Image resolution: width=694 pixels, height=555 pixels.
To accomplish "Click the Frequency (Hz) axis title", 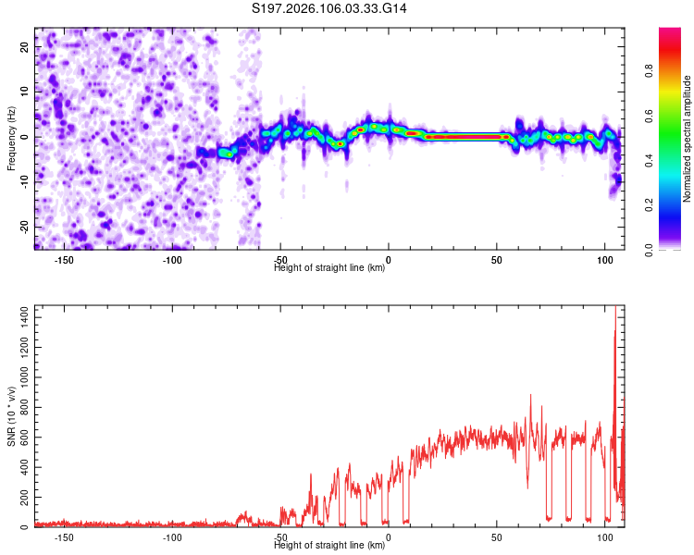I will point(11,138).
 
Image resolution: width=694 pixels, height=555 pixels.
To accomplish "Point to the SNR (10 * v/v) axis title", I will point(11,415).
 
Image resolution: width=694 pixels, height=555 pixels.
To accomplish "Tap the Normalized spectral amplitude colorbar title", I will point(688,139).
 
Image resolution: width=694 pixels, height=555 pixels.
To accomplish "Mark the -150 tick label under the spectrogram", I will point(64,260).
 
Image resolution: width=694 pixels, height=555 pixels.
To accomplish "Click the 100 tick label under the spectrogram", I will point(605,260).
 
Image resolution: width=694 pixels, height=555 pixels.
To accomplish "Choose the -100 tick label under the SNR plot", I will point(172,536).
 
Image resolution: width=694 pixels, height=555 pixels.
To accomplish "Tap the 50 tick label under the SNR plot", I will point(497,536).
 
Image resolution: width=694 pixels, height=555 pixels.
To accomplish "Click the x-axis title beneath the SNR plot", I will point(329,546).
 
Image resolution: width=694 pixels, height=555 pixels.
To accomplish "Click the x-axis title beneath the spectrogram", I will point(329,268).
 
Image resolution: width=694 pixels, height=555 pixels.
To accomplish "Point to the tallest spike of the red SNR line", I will point(615,309).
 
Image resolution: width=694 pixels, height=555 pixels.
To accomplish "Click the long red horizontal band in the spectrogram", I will point(463,137).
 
